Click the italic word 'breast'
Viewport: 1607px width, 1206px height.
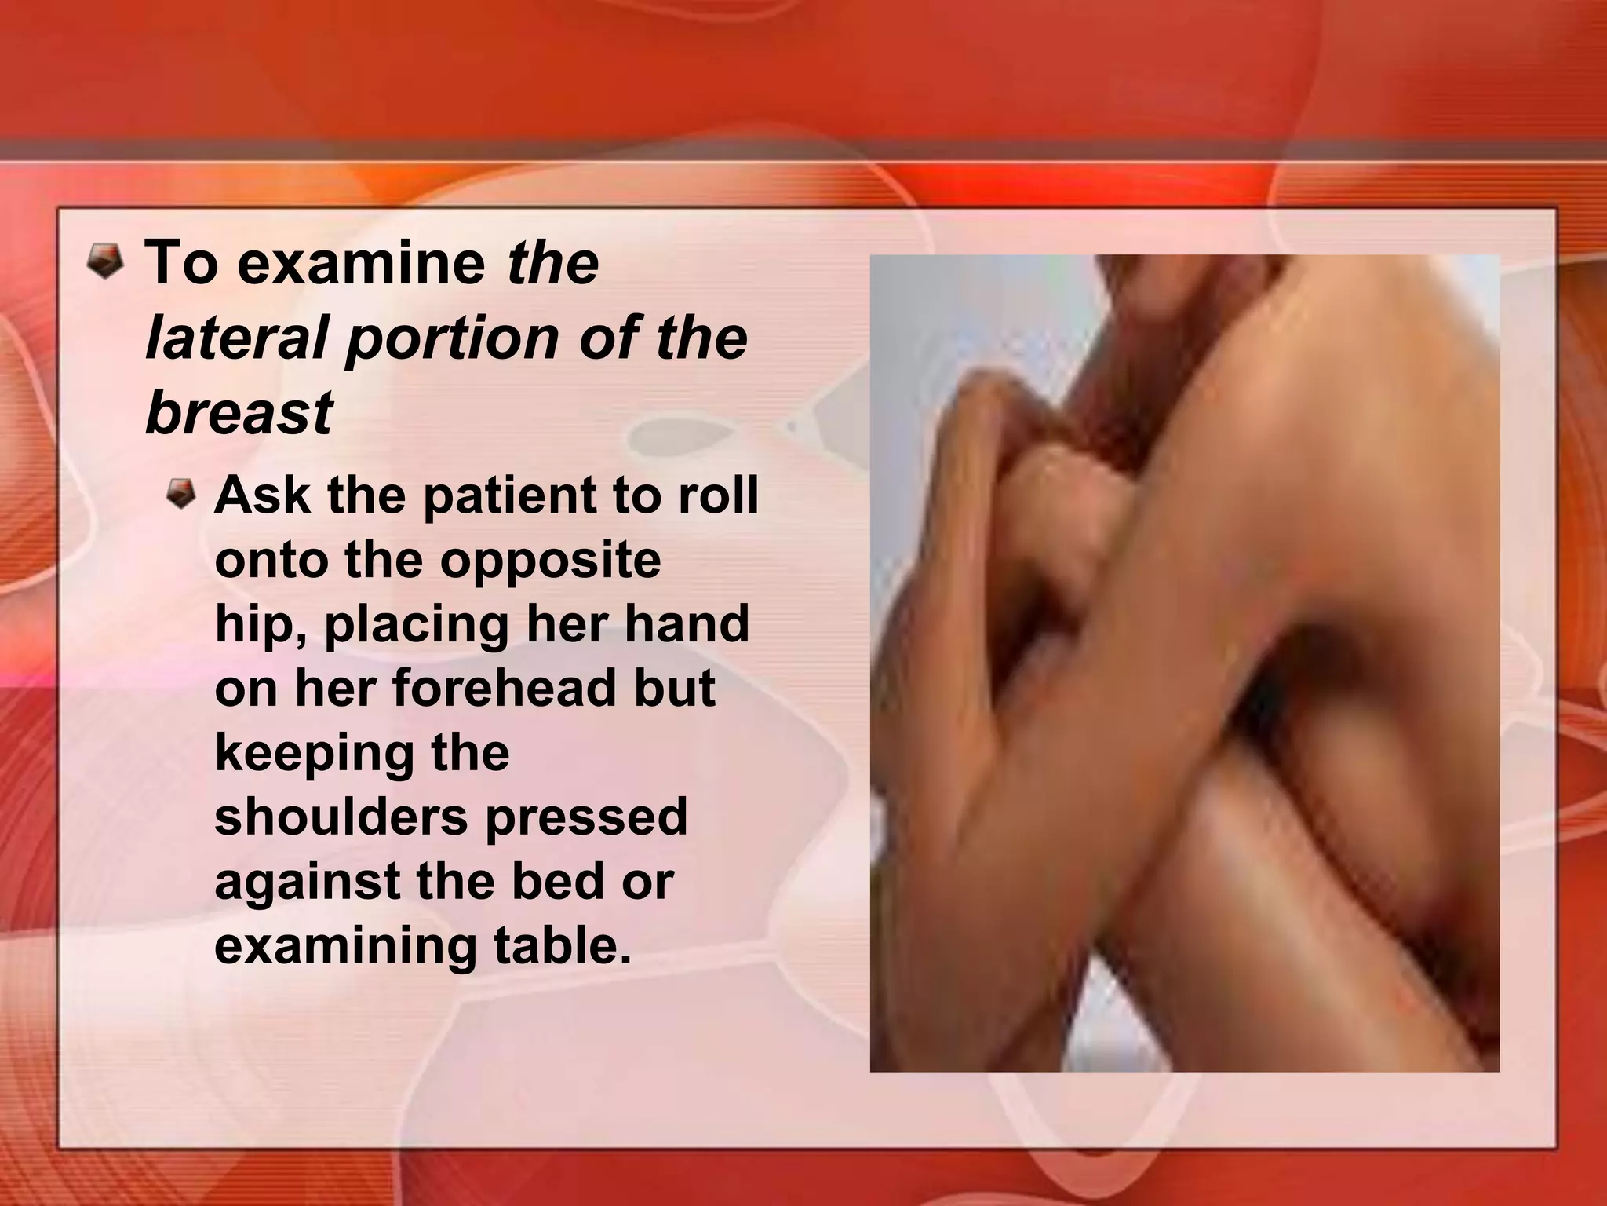pos(239,414)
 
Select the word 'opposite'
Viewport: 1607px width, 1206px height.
pos(550,561)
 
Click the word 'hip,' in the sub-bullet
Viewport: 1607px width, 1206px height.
pos(261,626)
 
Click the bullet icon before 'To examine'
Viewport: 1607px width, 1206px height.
pos(104,261)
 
